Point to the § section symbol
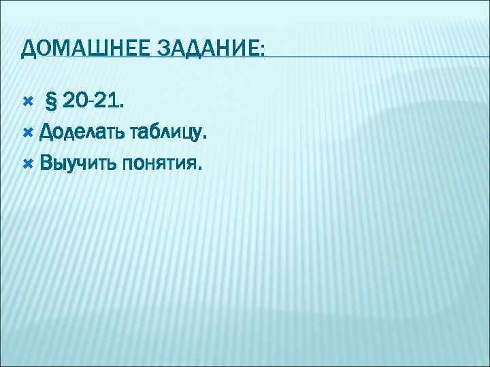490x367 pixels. pyautogui.click(x=50, y=102)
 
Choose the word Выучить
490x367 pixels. pyautogui.click(x=77, y=163)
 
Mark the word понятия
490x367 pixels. pyautogui.click(x=159, y=164)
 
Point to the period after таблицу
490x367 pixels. pyautogui.click(x=204, y=139)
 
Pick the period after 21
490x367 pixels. pyautogui.click(x=121, y=108)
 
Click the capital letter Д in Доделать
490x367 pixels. pyautogui.click(x=46, y=133)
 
